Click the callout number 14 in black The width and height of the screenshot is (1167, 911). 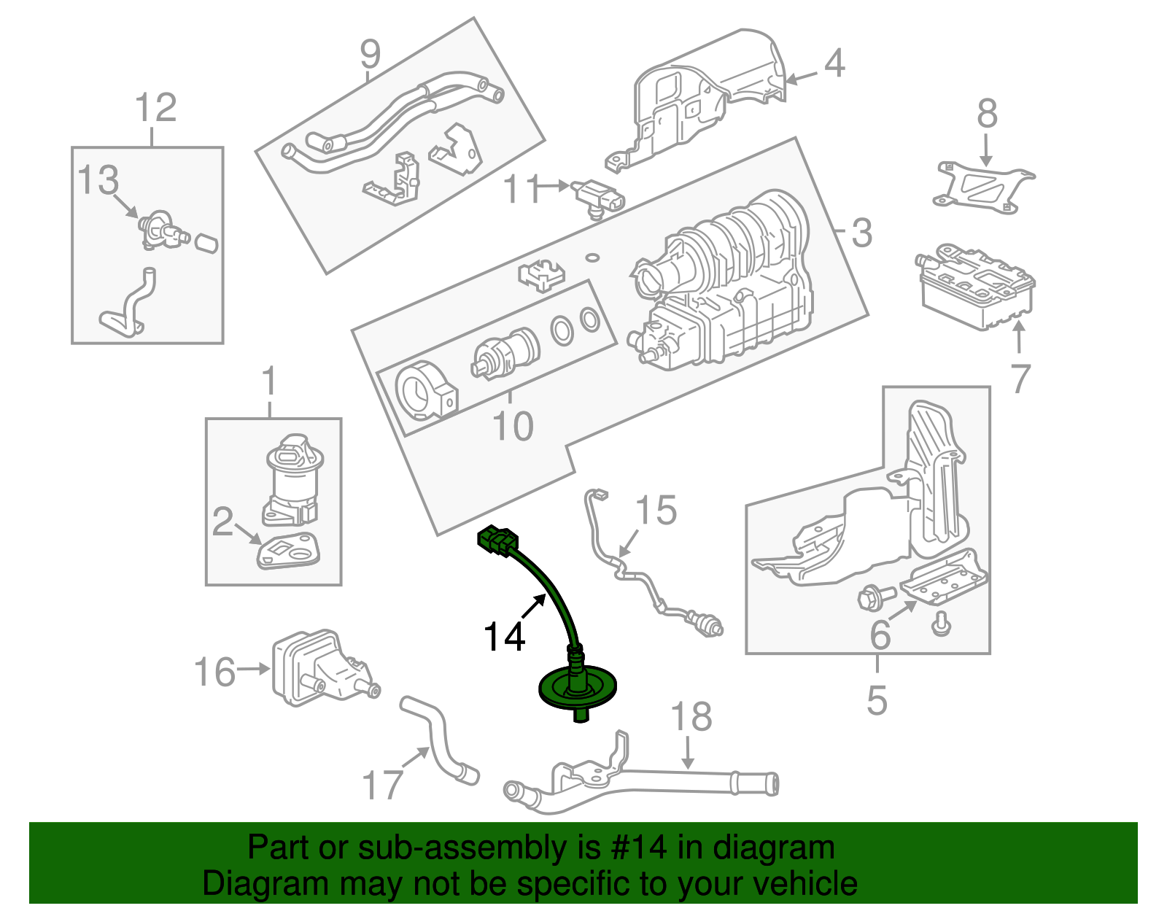pyautogui.click(x=505, y=636)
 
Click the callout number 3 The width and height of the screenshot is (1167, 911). pyautogui.click(x=861, y=233)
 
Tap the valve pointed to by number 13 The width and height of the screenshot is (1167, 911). pyautogui.click(x=159, y=228)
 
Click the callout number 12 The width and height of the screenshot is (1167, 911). pyautogui.click(x=156, y=108)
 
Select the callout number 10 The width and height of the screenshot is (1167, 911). pyautogui.click(x=513, y=426)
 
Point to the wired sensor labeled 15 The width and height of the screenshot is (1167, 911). pyautogui.click(x=642, y=576)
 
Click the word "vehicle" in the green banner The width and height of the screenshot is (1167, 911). pyautogui.click(x=805, y=883)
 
